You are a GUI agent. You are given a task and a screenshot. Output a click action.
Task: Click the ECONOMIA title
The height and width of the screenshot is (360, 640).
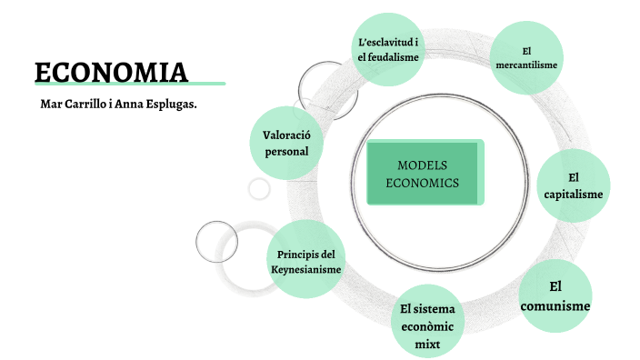pos(111,71)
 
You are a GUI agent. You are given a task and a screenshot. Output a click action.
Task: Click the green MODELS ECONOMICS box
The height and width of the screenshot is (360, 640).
pos(423,173)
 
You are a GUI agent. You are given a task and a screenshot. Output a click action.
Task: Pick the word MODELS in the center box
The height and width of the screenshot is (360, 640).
pos(423,165)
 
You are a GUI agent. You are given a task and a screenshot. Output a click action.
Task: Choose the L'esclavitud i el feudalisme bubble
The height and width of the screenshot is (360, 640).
pos(388,49)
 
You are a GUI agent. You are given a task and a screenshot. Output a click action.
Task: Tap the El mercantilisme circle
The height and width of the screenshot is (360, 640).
pos(526,57)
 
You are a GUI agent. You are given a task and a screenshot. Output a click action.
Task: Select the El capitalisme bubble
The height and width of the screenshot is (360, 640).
pos(573,185)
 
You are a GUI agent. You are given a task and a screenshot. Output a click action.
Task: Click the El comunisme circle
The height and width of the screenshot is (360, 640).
pos(555,296)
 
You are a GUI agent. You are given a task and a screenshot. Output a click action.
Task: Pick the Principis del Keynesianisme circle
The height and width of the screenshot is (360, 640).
pos(306,261)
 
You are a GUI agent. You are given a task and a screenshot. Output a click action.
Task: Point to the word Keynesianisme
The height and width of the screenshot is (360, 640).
pos(306,270)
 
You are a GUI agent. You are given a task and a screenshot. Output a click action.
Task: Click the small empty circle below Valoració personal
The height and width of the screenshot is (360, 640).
pos(260,189)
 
